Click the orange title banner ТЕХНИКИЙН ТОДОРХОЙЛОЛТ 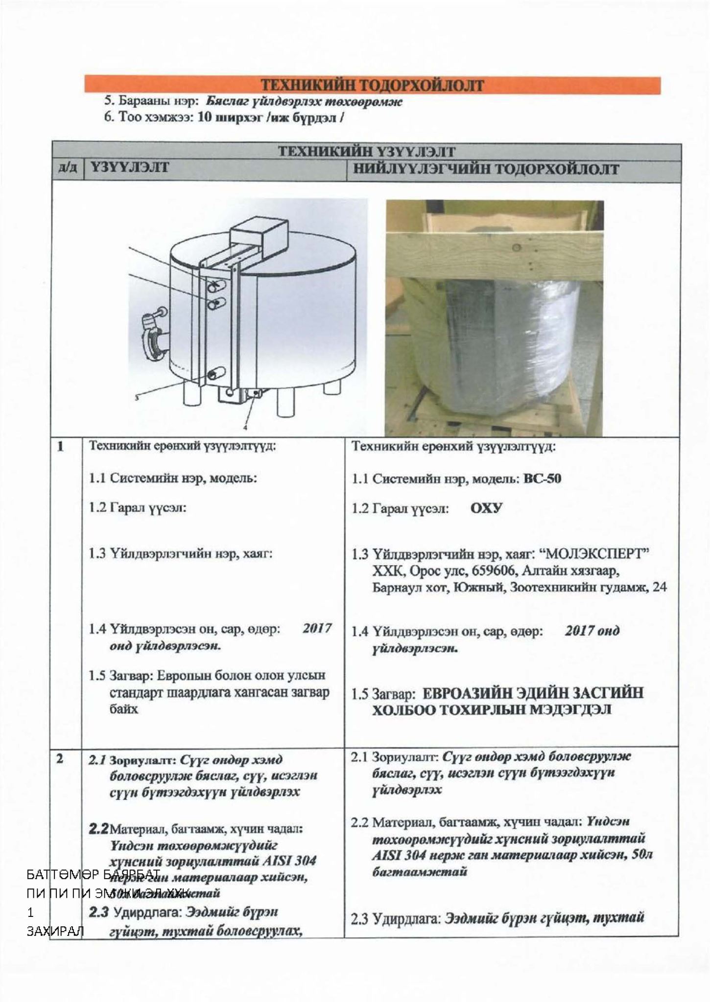372,85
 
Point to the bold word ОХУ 486,508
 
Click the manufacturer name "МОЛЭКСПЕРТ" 593,554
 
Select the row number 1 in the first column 61,446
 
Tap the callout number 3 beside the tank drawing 137,398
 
